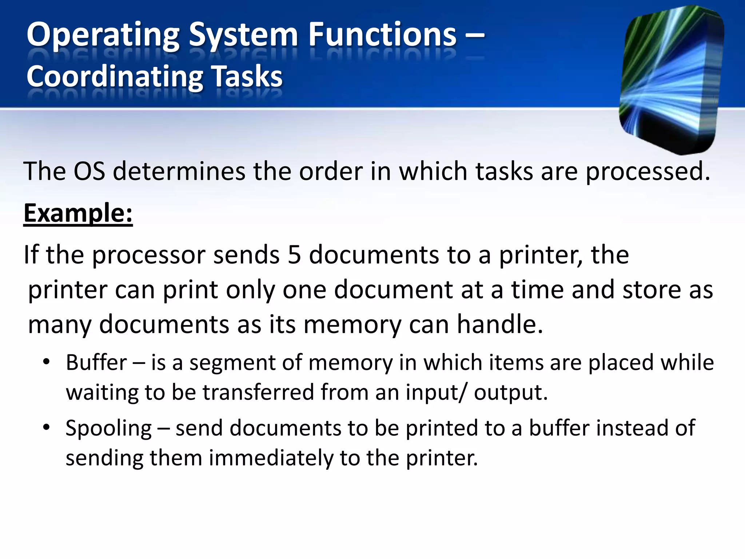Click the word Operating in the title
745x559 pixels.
point(103,36)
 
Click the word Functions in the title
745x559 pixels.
point(382,35)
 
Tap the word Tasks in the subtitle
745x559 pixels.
point(247,76)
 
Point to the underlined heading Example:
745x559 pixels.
point(78,213)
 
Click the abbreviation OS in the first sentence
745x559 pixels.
point(89,171)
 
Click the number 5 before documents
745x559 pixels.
point(294,255)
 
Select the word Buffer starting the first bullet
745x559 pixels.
point(96,362)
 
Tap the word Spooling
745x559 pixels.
point(108,429)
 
